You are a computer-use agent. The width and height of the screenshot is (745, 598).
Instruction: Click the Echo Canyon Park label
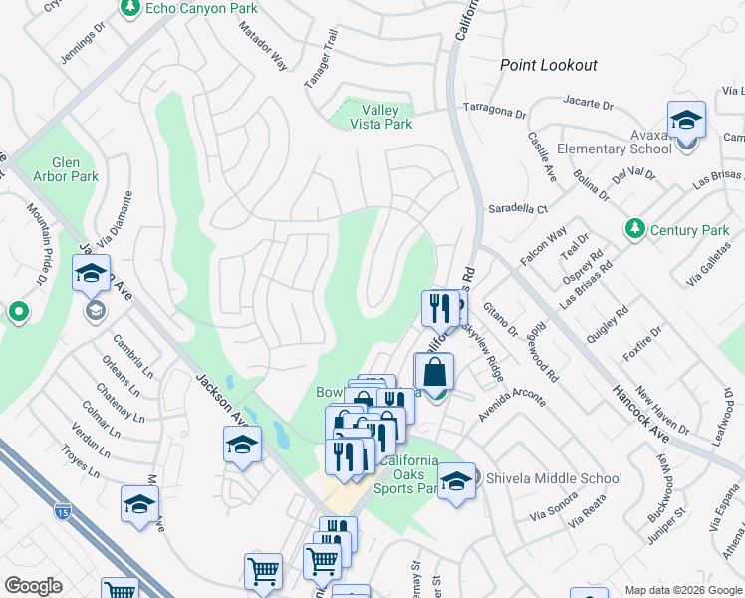click(200, 9)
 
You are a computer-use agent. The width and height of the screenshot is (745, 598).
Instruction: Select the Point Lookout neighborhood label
click(548, 65)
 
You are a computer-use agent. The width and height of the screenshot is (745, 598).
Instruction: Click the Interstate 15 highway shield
click(62, 512)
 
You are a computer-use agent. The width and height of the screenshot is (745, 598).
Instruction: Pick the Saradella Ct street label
click(518, 209)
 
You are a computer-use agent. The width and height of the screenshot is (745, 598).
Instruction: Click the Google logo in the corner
click(33, 586)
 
